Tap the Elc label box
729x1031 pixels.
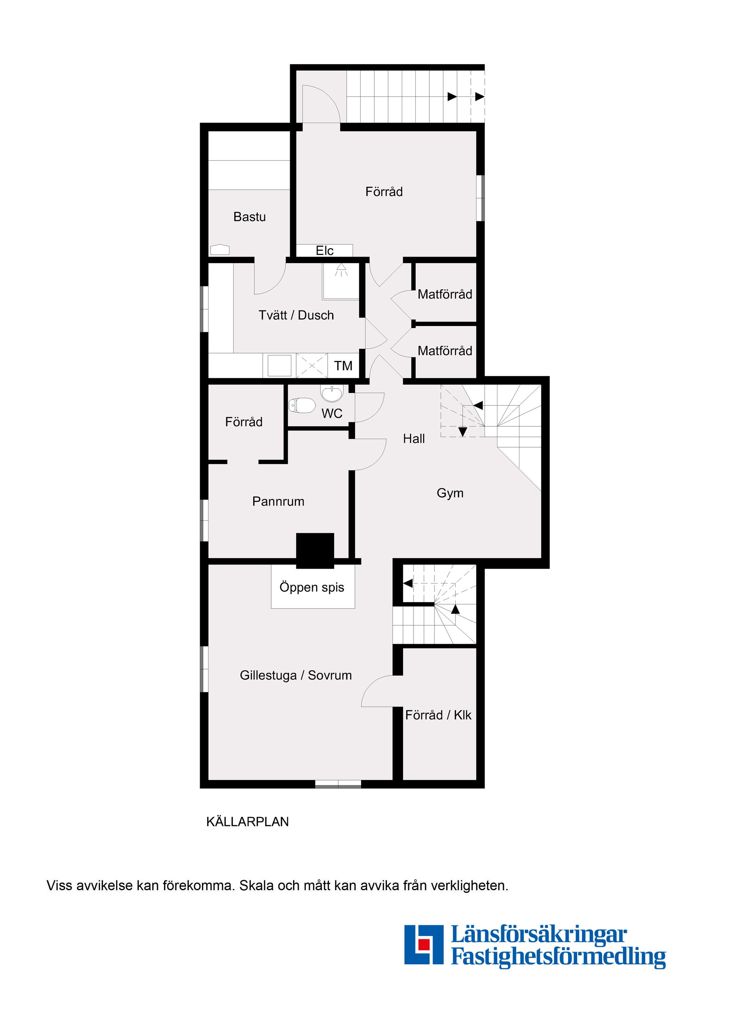pos(324,251)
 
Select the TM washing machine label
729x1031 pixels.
pos(343,366)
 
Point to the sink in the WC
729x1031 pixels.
pos(331,393)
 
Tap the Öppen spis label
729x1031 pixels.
pos(312,587)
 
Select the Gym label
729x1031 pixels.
pos(450,493)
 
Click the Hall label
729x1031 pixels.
pos(414,439)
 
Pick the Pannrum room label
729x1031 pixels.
pos(278,501)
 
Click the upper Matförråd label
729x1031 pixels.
pos(445,295)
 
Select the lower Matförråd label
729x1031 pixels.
pos(445,351)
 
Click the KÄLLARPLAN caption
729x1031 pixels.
pos(248,822)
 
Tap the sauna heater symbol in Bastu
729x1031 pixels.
pos(219,250)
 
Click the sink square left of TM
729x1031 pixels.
pos(279,365)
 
